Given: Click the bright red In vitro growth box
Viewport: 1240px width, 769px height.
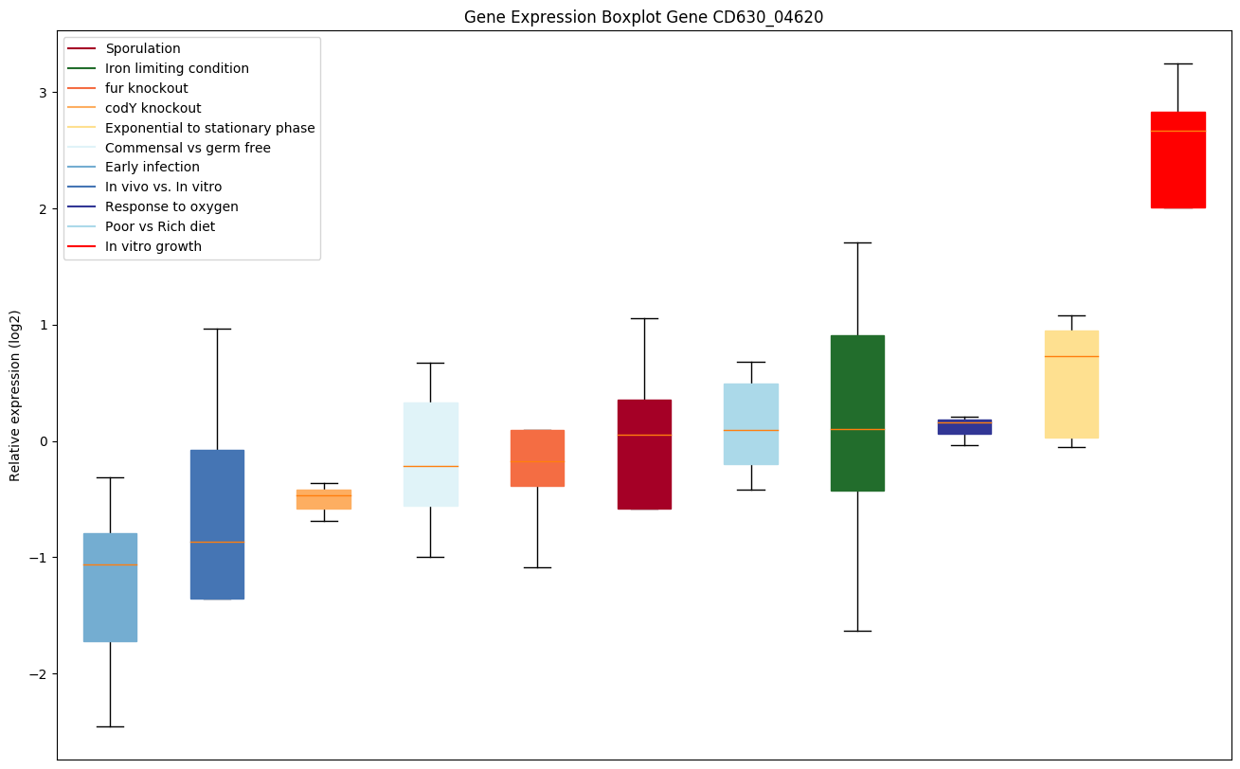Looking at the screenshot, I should [1177, 159].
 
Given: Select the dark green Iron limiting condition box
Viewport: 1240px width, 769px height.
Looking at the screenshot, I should [857, 413].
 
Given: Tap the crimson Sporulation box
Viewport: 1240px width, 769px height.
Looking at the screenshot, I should [644, 455].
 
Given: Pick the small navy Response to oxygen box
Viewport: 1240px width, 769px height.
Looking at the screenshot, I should [964, 427].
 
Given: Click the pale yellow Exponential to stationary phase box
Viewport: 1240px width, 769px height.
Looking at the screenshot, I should [1071, 384].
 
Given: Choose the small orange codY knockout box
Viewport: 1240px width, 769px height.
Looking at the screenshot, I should [324, 499].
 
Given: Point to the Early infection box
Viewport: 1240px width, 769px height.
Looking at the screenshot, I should [110, 587].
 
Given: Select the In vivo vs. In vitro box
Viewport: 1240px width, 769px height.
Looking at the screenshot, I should [217, 524].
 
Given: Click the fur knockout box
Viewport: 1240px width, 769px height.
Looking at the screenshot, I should [537, 458].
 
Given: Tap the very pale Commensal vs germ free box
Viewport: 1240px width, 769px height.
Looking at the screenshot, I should [430, 455].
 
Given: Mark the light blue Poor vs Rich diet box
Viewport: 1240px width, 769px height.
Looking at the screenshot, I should [751, 423].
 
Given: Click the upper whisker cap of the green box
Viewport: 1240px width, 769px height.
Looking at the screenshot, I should [857, 242].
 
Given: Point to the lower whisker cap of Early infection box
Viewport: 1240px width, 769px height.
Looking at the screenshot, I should [110, 726].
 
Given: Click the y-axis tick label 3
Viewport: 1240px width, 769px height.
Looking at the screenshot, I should [43, 93].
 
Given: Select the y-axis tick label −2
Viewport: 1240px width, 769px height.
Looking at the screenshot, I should [39, 674].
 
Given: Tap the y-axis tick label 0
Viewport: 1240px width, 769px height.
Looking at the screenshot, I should [43, 441].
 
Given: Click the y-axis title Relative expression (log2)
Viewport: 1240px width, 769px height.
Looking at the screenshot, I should [15, 395].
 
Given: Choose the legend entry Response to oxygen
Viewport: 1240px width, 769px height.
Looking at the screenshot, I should [171, 206].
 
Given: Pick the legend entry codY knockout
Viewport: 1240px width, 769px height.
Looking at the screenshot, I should [153, 108].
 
